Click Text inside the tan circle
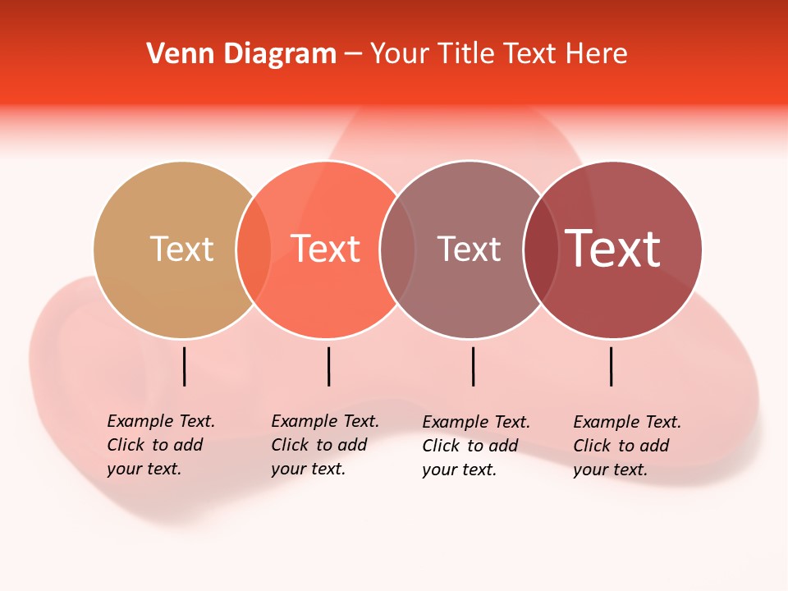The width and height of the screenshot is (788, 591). coord(181,249)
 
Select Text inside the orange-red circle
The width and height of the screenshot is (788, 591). coord(325,249)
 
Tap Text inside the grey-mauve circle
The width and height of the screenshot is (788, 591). coord(469,249)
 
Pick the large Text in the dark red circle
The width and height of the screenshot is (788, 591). coord(613,249)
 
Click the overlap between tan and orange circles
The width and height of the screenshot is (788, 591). coord(254,250)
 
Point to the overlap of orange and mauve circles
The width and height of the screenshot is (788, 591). coord(397,250)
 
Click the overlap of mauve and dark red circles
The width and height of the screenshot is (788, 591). coord(541,250)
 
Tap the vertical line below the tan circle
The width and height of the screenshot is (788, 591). coord(185,366)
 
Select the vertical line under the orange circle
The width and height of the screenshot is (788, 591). coord(328,366)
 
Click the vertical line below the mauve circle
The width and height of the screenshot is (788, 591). coord(474,366)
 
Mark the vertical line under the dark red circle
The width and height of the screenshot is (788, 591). coord(612,366)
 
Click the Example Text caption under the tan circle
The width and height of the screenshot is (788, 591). coord(161,445)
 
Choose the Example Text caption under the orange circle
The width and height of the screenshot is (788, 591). coord(325,445)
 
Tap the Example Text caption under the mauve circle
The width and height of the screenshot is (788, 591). coord(476,446)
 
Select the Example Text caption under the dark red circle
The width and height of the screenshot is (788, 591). coord(627,446)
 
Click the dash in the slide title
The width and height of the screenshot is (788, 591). coord(353,55)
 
